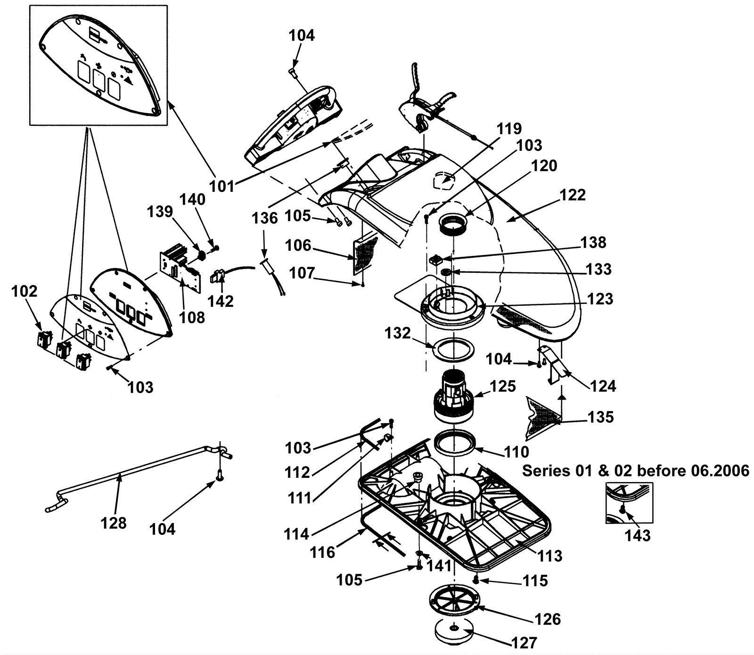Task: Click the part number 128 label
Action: [114, 523]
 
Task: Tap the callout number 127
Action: [524, 643]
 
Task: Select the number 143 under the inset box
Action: [637, 536]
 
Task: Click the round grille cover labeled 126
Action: [454, 601]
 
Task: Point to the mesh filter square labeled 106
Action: [366, 255]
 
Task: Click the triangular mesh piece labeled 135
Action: [542, 414]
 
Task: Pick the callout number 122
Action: [573, 195]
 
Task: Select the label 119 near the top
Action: [509, 129]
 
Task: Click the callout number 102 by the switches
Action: [25, 291]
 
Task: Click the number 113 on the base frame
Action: [550, 556]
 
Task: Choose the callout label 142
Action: [221, 301]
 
